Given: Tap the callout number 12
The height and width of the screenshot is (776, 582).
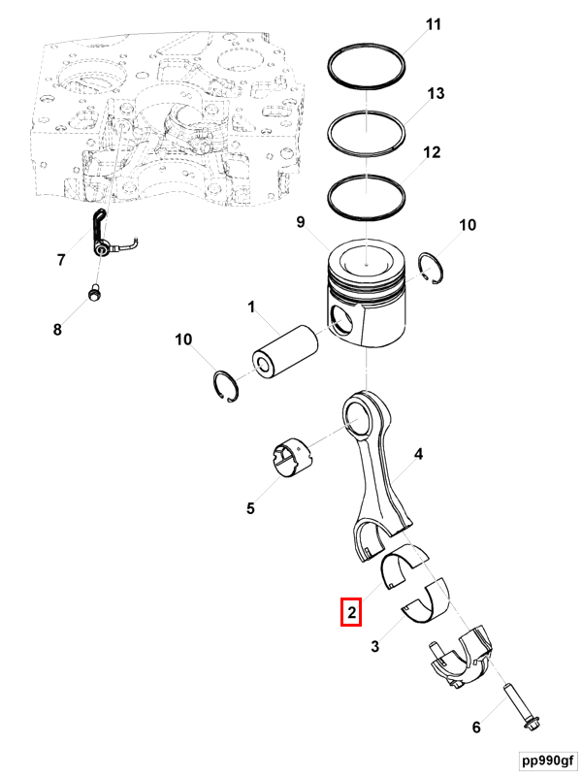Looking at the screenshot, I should (x=432, y=152).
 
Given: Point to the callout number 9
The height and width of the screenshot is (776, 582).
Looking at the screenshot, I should (x=301, y=223).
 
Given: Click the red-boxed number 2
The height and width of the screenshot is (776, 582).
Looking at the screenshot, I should (x=351, y=613).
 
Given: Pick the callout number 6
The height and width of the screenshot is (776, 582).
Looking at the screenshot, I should (x=475, y=727).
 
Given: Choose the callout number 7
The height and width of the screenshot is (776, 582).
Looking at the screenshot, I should (x=61, y=259).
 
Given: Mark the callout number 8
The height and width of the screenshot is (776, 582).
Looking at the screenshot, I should (x=57, y=330).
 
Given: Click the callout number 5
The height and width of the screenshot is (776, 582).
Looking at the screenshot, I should (x=250, y=506).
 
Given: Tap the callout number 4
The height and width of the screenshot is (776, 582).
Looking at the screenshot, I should (x=419, y=453).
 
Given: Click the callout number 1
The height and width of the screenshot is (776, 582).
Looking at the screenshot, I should (x=250, y=308).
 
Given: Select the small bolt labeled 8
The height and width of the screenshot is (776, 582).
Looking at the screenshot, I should (x=93, y=290).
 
